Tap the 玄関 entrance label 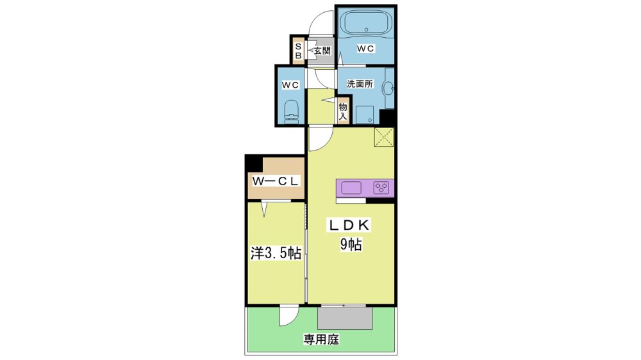click(x=322, y=51)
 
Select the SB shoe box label click(x=299, y=51)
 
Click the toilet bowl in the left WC click(x=292, y=111)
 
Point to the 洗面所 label click(x=360, y=84)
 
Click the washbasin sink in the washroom click(x=389, y=88)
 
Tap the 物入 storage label click(x=342, y=111)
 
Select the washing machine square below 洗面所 click(x=365, y=115)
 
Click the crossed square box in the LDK click(x=384, y=137)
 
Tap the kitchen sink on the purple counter click(x=351, y=188)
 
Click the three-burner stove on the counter click(x=381, y=188)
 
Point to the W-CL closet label click(x=276, y=181)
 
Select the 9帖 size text click(x=351, y=244)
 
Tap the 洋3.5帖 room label click(x=276, y=254)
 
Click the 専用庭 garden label click(x=321, y=339)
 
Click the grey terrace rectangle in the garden click(x=345, y=318)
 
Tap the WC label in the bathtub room click(x=365, y=48)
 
